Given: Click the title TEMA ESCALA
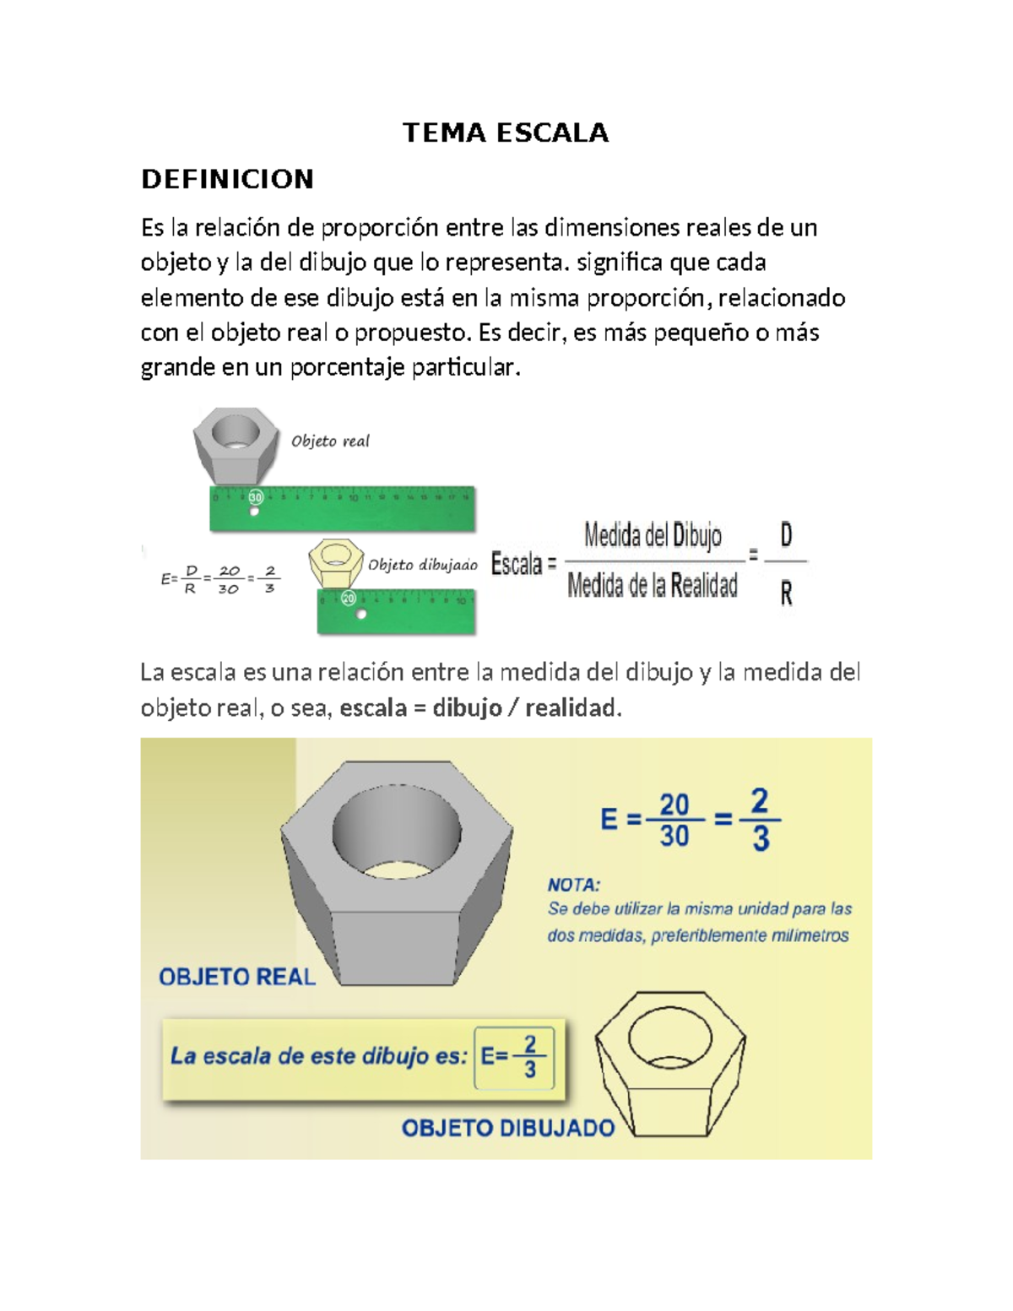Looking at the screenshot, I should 505,133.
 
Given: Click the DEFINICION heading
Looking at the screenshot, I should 227,179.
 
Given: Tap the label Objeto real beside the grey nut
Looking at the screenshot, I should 330,441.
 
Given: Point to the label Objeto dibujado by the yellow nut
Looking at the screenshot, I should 422,565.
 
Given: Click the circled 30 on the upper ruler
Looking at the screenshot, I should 255,497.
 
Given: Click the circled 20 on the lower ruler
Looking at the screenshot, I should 348,599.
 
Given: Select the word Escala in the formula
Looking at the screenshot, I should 517,564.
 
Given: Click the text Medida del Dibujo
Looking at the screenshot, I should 653,535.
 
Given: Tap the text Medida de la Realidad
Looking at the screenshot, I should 652,585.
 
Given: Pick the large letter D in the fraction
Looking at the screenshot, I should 786,535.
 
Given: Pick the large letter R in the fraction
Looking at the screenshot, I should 786,594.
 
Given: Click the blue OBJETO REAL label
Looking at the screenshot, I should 236,977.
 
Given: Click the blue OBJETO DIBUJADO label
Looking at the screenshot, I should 507,1128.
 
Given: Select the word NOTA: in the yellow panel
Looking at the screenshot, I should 573,885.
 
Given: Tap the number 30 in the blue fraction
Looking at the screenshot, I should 674,837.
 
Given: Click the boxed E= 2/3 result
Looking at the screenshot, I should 514,1057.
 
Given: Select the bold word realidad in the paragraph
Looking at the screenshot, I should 571,707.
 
